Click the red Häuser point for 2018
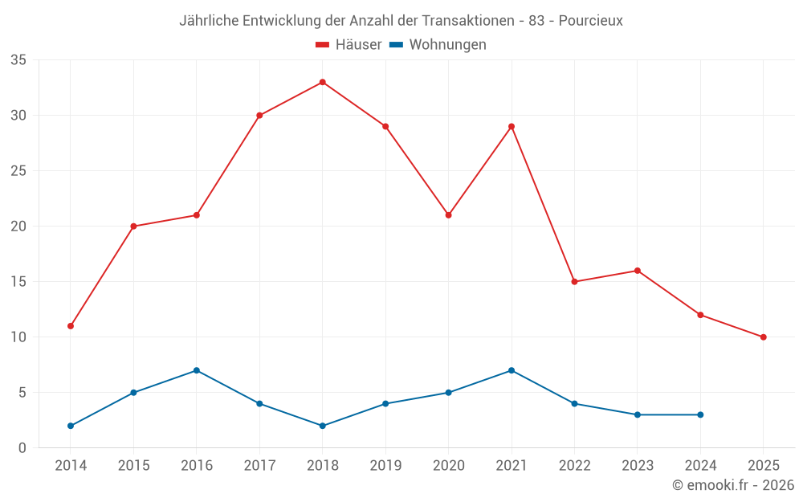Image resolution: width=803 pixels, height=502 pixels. coord(323,82)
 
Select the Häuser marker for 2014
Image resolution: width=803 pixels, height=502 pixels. coord(71,326)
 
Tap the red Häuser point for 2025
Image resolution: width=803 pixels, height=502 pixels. coord(763,337)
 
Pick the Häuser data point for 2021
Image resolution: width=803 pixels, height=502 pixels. coord(512,126)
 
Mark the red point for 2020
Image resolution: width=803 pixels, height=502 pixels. coord(448,215)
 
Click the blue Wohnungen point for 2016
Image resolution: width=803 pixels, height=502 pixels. coord(197,370)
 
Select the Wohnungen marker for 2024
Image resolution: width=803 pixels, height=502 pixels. coord(700,414)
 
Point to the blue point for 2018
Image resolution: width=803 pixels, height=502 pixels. coord(323,426)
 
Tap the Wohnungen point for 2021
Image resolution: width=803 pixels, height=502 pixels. coord(512,370)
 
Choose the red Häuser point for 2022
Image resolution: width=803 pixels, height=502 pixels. coord(574,282)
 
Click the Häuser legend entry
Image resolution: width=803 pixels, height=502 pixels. coord(349,45)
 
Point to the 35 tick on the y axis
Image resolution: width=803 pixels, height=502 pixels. coord(18,60)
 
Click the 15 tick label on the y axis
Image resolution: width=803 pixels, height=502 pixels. coord(18,282)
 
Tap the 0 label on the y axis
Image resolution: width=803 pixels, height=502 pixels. coord(22,448)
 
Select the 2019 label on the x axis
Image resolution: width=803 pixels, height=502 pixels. coord(385,466)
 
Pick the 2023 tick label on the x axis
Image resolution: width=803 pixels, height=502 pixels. coord(638,466)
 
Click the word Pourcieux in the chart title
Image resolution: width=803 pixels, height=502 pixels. coord(591,21)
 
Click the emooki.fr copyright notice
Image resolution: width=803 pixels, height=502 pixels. coord(732,485)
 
